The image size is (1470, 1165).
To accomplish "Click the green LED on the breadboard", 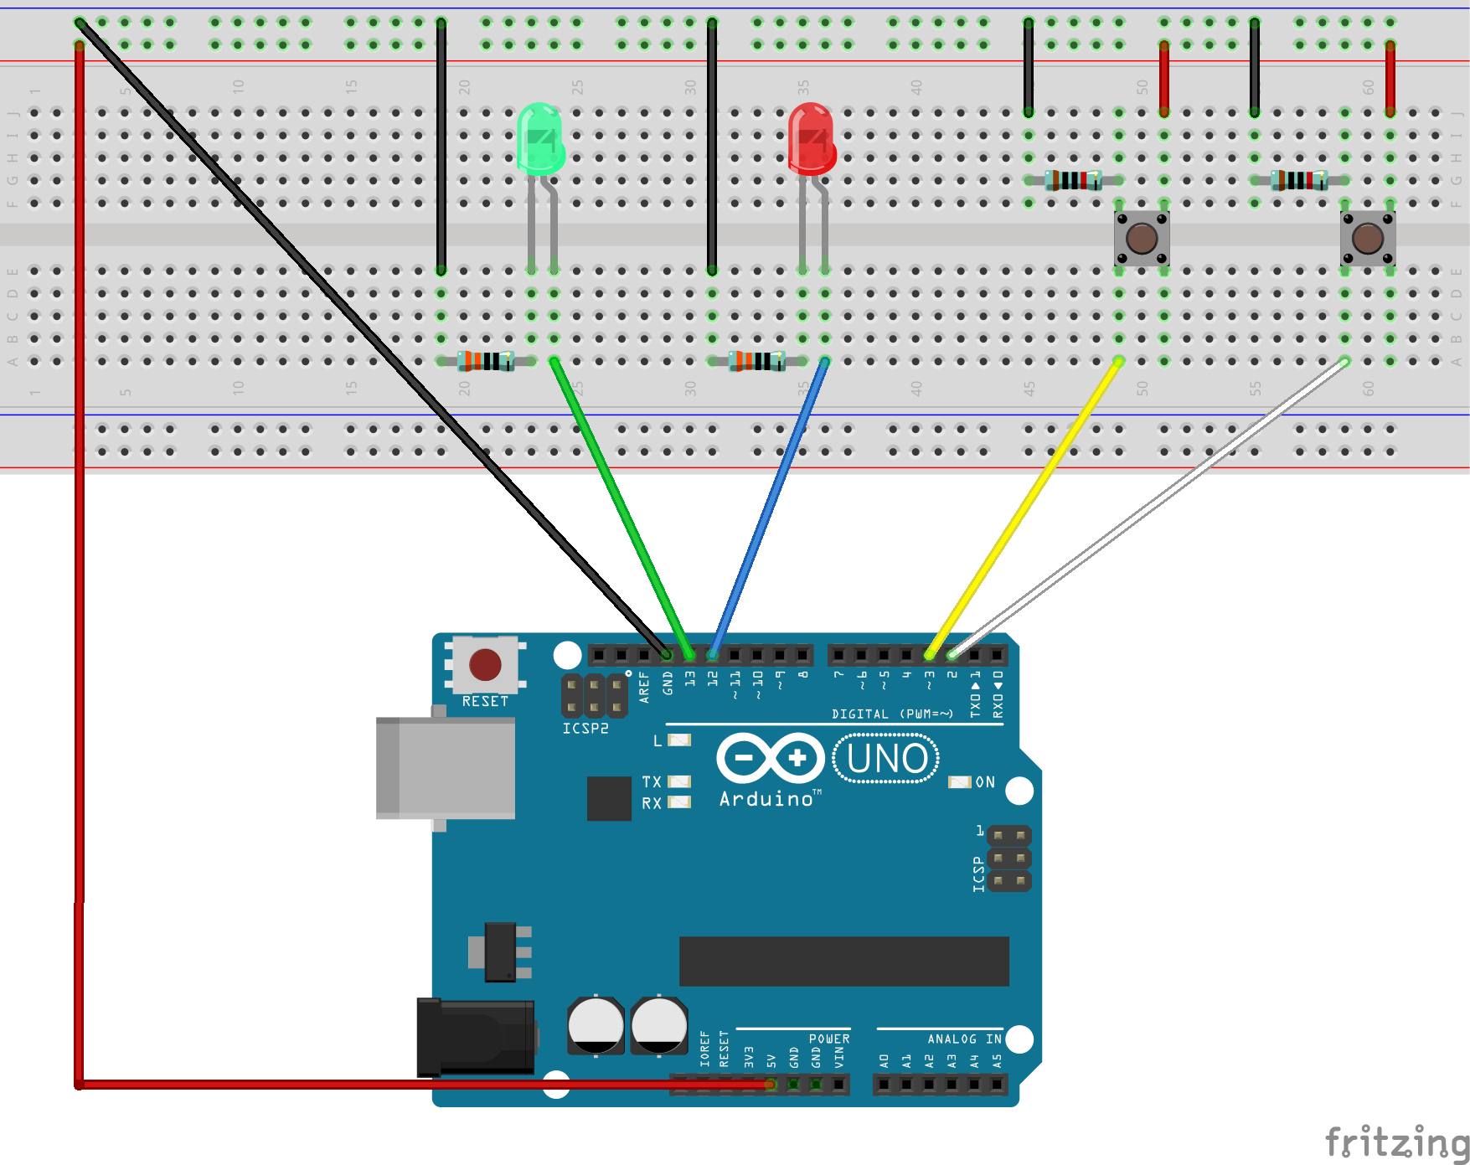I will click(540, 139).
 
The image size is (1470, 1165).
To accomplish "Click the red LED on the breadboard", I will click(811, 139).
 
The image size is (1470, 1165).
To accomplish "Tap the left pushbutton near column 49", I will click(1142, 239).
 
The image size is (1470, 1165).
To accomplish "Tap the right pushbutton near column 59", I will click(1368, 239).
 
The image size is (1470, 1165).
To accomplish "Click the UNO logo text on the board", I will click(887, 759).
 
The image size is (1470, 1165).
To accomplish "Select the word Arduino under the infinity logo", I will click(766, 799).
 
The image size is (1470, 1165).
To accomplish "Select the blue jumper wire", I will click(769, 507).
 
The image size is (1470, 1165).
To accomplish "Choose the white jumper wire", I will click(1148, 507).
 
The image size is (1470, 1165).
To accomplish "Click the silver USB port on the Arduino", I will click(446, 768).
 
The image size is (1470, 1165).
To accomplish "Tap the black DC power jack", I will click(476, 1037).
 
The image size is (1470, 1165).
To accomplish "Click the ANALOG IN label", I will click(964, 1039).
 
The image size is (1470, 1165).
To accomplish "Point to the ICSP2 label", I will click(585, 729).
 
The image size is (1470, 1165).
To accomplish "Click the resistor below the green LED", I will click(486, 361).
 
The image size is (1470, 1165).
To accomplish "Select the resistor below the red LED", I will click(757, 361).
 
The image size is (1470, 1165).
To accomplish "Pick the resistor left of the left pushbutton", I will click(1074, 180).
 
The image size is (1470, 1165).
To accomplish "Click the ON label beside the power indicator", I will click(985, 782).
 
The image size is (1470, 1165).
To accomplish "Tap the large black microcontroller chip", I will click(843, 961).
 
